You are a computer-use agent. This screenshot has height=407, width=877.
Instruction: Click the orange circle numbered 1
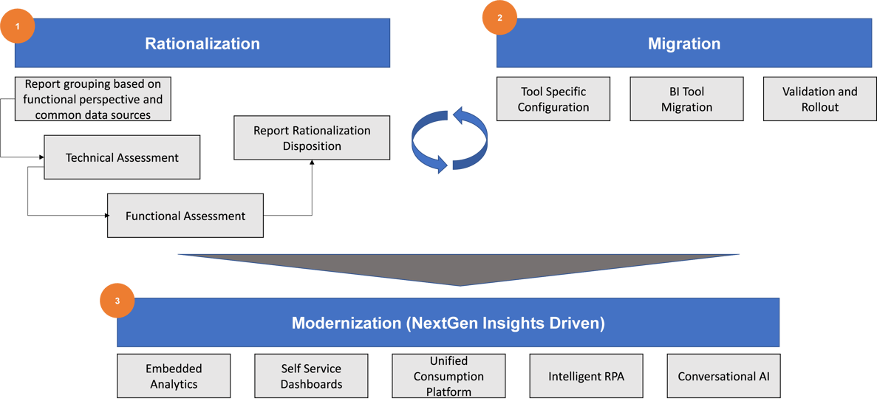18,26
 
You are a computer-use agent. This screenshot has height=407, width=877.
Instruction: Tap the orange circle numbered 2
499,18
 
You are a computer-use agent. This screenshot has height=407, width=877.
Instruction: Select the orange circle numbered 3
117,301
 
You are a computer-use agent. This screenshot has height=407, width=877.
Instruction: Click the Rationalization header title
202,44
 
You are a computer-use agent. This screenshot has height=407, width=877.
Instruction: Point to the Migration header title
683,44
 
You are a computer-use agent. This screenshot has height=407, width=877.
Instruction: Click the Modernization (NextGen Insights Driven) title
448,323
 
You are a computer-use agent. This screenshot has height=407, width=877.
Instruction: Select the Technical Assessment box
122,157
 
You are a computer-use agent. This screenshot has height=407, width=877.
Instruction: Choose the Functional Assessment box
185,216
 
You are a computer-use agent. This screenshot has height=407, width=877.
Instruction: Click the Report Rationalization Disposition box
312,138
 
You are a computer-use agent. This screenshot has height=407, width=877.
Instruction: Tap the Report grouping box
93,99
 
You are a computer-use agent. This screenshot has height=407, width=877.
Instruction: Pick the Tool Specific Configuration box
553,99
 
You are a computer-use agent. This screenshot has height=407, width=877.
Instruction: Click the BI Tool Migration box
686,99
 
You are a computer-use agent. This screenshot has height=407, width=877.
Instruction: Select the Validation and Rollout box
819,99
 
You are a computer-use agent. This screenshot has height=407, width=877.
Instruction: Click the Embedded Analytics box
174,376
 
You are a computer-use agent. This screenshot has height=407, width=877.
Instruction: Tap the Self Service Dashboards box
311,376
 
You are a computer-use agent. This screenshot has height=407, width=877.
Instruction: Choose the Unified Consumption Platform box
448,376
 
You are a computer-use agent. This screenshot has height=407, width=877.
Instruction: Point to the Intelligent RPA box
586,376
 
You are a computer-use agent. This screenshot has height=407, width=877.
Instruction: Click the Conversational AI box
723,376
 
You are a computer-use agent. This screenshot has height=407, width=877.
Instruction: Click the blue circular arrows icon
450,139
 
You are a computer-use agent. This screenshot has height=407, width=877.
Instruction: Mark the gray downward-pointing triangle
459,268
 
